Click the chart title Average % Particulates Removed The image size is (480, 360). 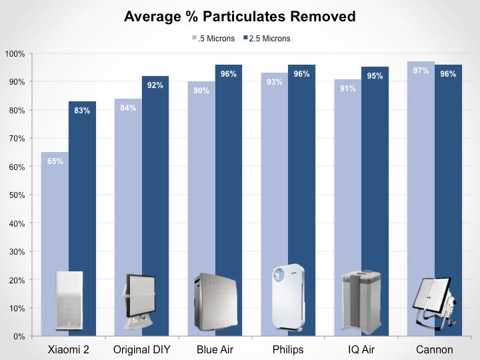click(x=239, y=16)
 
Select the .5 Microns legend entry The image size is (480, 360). click(x=213, y=39)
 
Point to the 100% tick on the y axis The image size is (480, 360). click(x=15, y=53)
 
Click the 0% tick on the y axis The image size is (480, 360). click(x=18, y=337)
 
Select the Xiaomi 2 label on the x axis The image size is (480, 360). click(x=69, y=350)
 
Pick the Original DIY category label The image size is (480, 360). click(x=141, y=350)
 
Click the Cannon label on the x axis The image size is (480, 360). click(x=434, y=350)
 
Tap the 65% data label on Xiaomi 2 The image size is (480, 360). click(x=55, y=161)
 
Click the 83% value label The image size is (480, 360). click(x=82, y=111)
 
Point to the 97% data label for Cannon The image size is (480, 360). click(x=421, y=70)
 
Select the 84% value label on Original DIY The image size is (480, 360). click(x=128, y=107)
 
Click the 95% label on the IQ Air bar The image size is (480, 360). click(x=375, y=76)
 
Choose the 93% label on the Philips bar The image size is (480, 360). click(x=274, y=82)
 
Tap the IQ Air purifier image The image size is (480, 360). click(x=361, y=301)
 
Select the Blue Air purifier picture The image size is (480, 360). click(x=214, y=302)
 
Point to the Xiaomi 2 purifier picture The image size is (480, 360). click(x=69, y=301)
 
